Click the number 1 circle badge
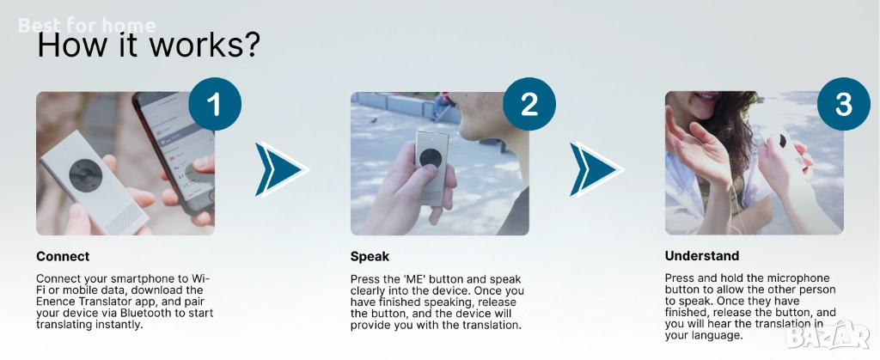215,104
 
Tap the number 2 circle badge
529,104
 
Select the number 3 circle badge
844,104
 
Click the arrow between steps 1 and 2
282,168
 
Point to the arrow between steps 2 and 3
596,168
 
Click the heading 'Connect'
63,257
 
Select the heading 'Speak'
370,257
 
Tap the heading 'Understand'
702,256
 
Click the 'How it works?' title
149,46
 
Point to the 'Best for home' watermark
87,25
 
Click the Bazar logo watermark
828,335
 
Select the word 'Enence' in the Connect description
53,301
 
